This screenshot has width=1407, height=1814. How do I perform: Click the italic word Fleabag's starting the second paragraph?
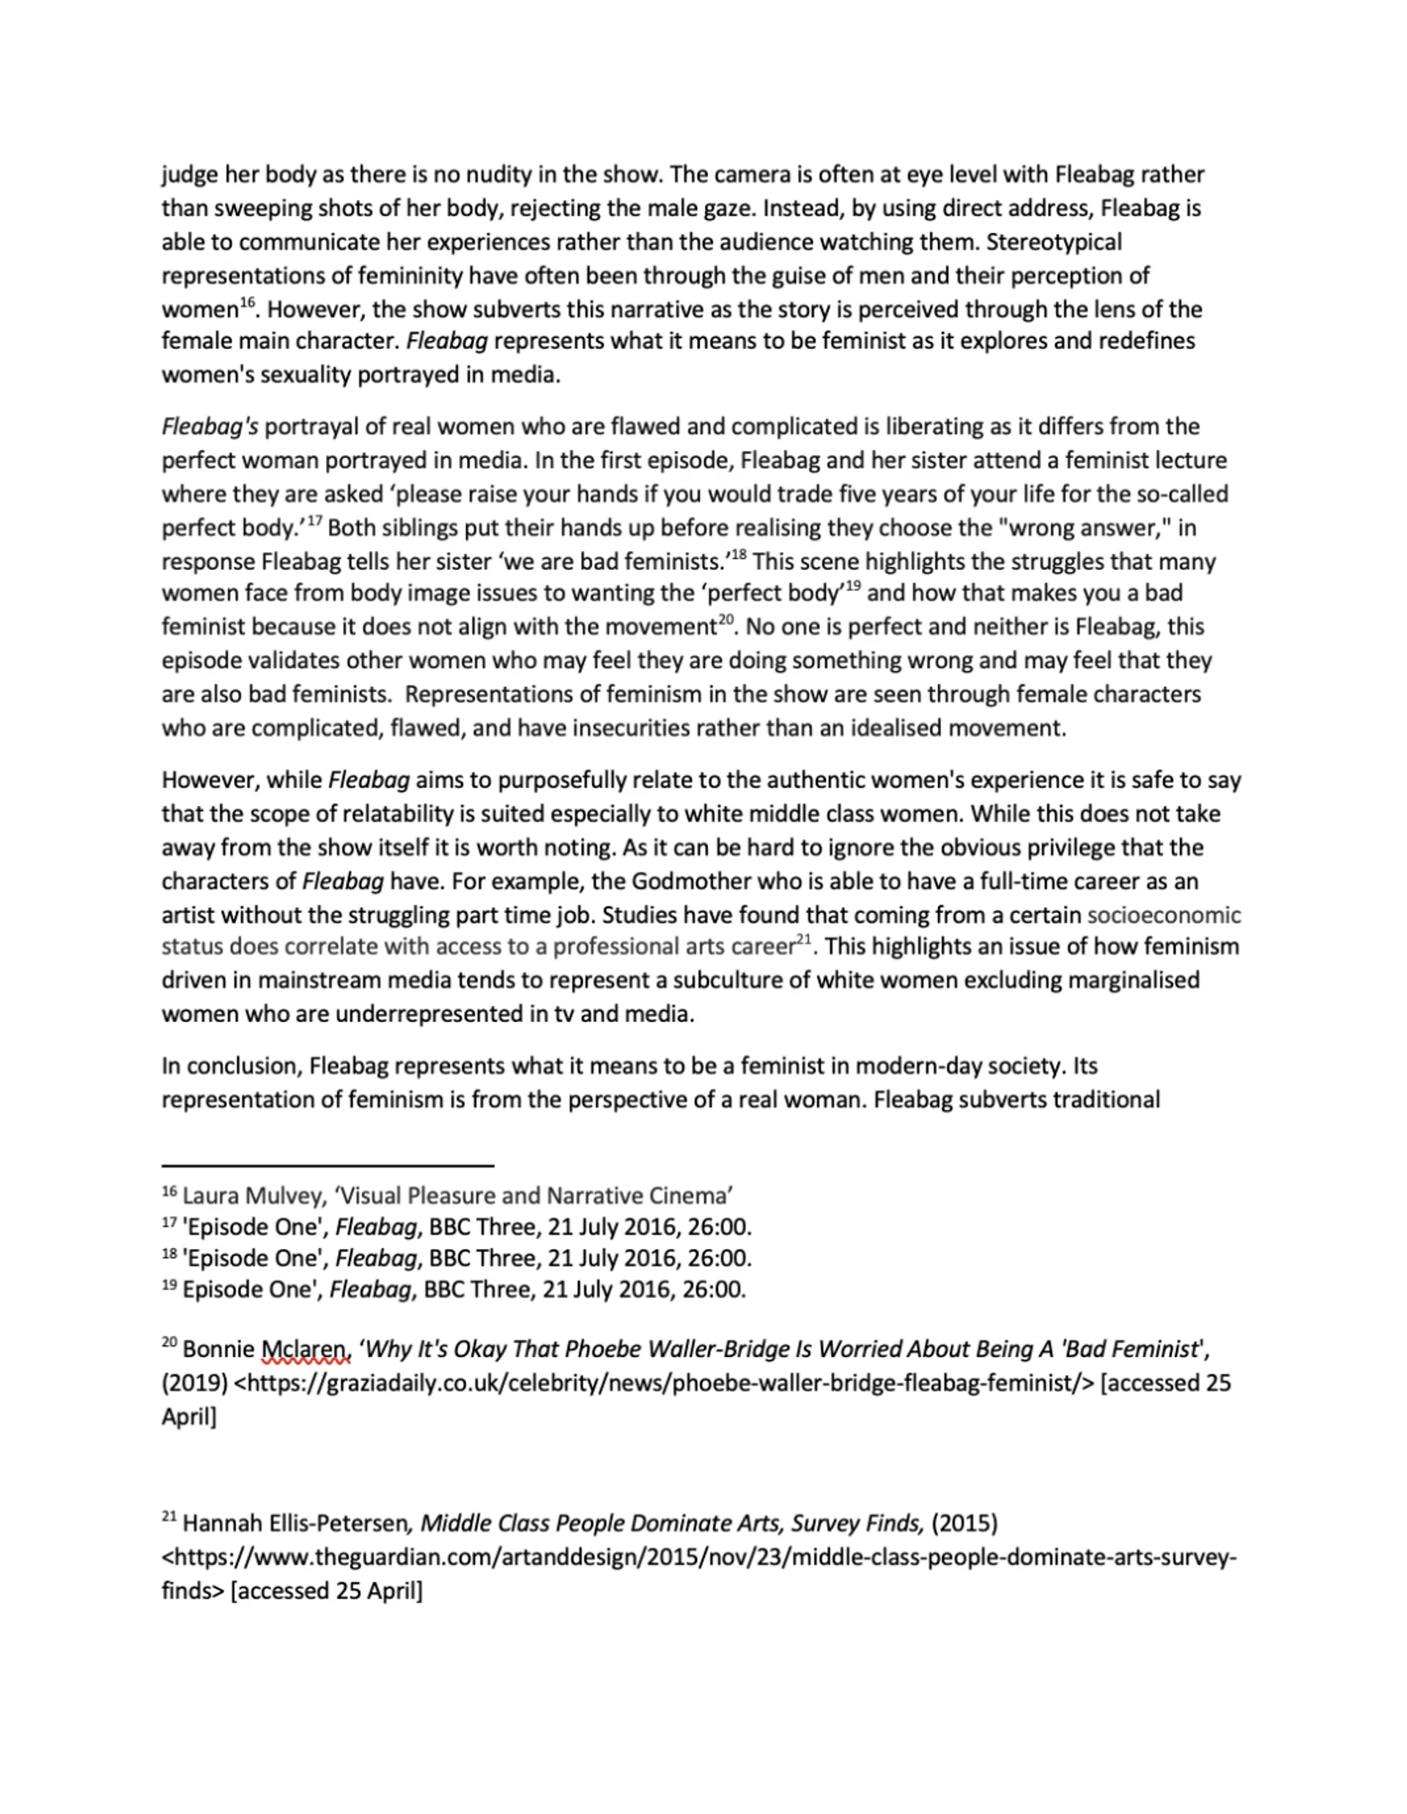210,427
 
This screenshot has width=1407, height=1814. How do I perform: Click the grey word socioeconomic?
1164,915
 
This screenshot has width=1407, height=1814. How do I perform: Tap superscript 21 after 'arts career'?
803,940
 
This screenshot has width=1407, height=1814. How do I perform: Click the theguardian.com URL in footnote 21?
698,1558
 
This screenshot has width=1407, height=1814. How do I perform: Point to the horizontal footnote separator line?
328,1166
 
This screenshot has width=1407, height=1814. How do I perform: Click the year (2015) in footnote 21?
964,1523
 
